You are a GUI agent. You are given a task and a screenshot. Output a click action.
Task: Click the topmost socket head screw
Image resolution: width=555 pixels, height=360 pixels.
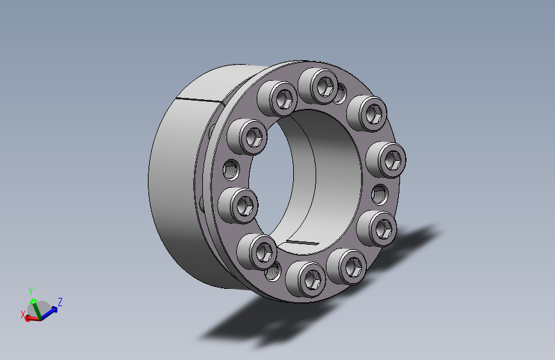[x=319, y=86]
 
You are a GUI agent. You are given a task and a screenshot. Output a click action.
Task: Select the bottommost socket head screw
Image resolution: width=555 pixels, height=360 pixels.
[x=306, y=279]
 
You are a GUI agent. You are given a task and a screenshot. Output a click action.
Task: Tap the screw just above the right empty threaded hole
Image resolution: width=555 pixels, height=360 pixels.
[x=386, y=160]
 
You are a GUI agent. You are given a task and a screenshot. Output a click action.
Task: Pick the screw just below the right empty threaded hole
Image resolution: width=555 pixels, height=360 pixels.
[x=377, y=229]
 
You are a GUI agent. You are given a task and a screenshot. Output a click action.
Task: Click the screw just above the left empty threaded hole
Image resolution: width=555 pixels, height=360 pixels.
[x=247, y=137]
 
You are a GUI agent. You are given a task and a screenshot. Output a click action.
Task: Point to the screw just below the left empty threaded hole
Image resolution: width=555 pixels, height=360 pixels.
[x=238, y=206]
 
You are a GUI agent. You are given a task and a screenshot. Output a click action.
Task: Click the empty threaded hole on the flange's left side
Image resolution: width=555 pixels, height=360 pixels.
[x=231, y=170]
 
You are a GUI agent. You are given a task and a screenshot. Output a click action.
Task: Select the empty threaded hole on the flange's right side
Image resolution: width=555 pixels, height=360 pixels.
[x=380, y=194]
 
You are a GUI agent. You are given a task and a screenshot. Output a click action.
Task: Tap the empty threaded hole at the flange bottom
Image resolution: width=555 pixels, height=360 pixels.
[x=273, y=272]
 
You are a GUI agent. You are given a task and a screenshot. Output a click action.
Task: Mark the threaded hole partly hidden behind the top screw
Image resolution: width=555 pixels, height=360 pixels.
[x=341, y=94]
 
